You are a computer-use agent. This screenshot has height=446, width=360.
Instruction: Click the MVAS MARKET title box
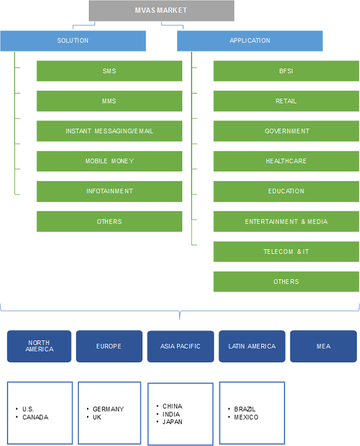[161, 10]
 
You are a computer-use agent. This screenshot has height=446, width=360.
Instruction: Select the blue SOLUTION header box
[73, 41]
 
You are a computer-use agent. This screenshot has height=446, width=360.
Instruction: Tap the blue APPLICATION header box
[250, 41]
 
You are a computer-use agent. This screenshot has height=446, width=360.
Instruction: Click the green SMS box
[109, 71]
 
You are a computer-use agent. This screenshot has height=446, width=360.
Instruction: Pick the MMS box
[109, 101]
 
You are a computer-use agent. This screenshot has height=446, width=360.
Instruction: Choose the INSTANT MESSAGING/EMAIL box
[109, 131]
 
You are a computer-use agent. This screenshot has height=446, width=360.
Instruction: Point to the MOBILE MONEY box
[109, 161]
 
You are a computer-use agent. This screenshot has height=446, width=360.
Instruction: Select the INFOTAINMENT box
[109, 191]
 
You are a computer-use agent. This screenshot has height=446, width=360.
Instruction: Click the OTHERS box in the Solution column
[109, 221]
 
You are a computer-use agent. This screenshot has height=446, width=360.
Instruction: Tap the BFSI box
[286, 71]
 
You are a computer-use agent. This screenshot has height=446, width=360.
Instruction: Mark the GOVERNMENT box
[286, 131]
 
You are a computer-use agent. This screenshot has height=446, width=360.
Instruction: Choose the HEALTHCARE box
[286, 161]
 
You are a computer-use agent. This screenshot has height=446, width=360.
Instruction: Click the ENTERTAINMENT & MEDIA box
[286, 221]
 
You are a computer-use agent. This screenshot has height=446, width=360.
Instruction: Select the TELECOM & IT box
[286, 251]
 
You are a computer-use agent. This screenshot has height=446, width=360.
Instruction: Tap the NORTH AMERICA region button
[39, 346]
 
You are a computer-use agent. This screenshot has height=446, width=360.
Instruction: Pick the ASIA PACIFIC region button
[180, 346]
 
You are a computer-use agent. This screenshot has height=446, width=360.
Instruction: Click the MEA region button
[323, 346]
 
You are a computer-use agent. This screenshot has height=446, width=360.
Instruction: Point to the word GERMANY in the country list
[108, 409]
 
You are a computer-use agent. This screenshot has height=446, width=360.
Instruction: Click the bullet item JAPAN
[172, 422]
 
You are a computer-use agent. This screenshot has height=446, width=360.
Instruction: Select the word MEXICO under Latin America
[246, 418]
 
